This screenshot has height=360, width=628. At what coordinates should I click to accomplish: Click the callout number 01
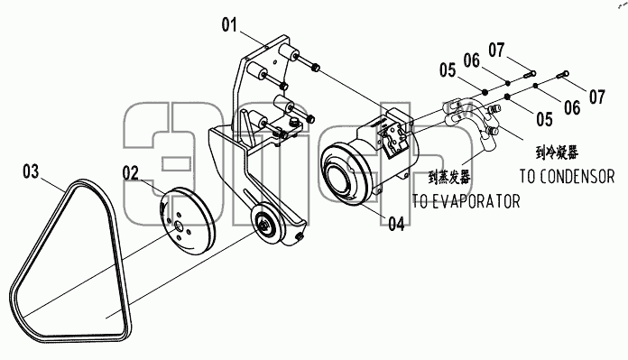pyautogui.click(x=229, y=25)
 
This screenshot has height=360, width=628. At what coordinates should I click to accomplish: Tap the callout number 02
pyautogui.click(x=131, y=173)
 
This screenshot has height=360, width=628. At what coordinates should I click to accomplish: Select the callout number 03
pyautogui.click(x=31, y=171)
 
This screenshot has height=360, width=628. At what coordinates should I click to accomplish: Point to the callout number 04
pyautogui.click(x=396, y=224)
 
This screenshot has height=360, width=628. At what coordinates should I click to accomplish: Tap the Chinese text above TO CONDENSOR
pyautogui.click(x=557, y=152)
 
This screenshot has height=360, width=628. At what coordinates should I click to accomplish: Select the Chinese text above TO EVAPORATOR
pyautogui.click(x=449, y=177)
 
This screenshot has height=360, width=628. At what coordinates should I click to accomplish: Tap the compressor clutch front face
pyautogui.click(x=342, y=175)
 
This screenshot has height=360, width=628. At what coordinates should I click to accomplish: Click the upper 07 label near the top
pyautogui.click(x=496, y=51)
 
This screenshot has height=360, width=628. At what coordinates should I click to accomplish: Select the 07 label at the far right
pyautogui.click(x=596, y=97)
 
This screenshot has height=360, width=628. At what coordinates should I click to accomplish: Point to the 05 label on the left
pyautogui.click(x=448, y=70)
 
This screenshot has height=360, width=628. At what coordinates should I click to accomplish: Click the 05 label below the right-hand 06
pyautogui.click(x=545, y=119)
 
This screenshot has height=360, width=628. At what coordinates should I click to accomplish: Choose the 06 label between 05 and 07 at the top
pyautogui.click(x=472, y=60)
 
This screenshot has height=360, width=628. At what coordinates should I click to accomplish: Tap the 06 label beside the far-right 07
pyautogui.click(x=572, y=107)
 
